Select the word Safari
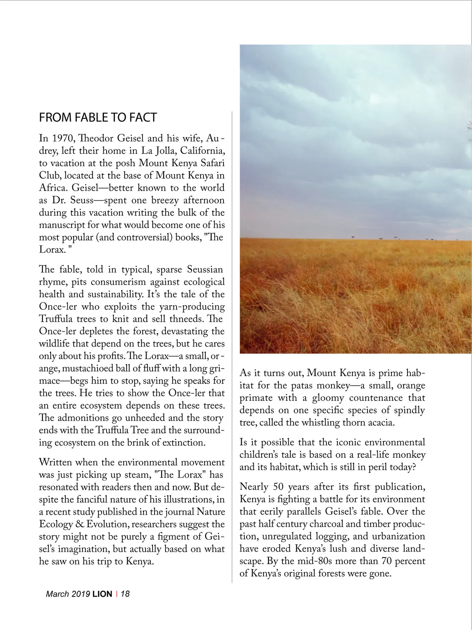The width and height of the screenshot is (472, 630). point(213,163)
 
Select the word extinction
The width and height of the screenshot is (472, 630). point(184,442)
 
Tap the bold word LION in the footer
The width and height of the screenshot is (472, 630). point(102,594)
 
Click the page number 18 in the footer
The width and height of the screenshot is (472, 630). point(125,594)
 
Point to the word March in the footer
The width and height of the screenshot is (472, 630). point(57,594)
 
